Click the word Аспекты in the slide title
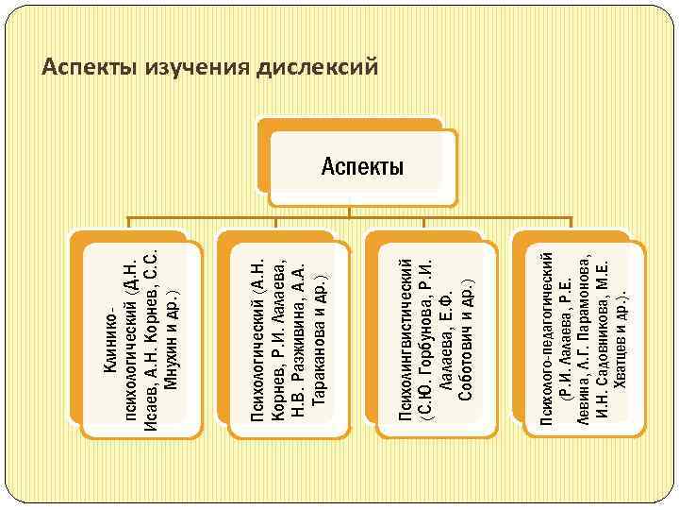[x=85, y=68]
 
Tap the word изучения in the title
[x=190, y=68]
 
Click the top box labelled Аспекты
[x=362, y=168]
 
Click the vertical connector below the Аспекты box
[x=362, y=212]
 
